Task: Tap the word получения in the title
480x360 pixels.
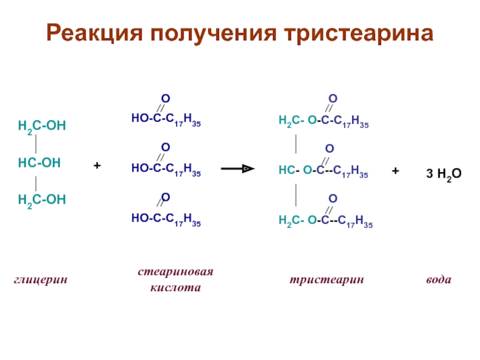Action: click(207, 33)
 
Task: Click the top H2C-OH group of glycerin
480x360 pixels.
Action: click(41, 126)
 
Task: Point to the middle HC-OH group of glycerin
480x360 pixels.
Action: click(40, 163)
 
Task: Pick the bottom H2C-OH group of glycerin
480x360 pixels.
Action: click(41, 199)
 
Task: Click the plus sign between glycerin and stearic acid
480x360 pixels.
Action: click(97, 164)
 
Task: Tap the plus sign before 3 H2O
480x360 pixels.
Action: click(395, 171)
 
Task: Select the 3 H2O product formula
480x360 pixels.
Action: click(443, 175)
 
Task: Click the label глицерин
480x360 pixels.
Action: click(41, 280)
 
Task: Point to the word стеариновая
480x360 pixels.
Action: click(176, 272)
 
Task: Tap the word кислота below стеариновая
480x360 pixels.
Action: click(176, 288)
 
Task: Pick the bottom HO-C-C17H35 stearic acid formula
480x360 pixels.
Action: click(166, 221)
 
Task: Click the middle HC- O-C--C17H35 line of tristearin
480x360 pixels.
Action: click(323, 172)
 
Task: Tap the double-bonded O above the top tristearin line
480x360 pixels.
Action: click(332, 98)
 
